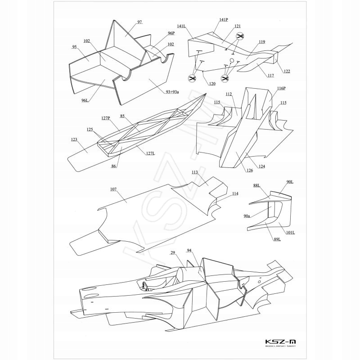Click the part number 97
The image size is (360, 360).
(x=139, y=22)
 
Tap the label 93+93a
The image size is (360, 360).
(x=169, y=92)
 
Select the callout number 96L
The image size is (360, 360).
(x=85, y=101)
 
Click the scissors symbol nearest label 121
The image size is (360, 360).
(x=240, y=37)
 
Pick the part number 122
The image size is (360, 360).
(x=287, y=72)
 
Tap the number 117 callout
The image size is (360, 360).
(x=270, y=75)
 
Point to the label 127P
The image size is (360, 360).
(x=106, y=118)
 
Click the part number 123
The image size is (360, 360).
(x=74, y=139)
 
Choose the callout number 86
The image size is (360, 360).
(x=114, y=166)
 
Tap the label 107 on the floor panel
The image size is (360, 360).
(x=113, y=190)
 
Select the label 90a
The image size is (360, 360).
(x=247, y=216)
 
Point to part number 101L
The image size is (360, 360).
(x=290, y=233)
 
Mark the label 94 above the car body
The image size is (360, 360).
(x=189, y=250)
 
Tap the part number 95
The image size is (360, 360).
(x=74, y=46)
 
